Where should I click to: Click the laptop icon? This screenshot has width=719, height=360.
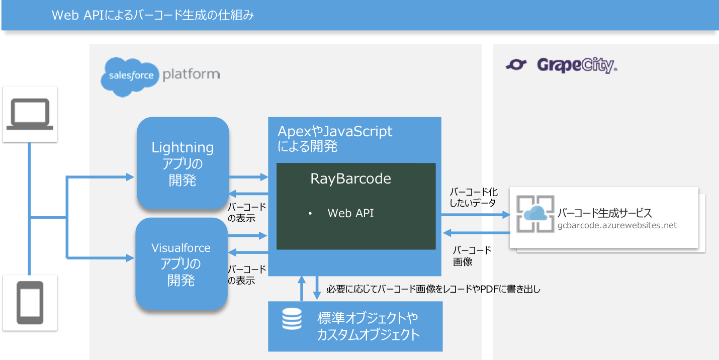[x=30, y=114]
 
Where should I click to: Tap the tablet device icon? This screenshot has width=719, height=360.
[x=30, y=303]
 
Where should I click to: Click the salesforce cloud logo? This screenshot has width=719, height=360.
[x=130, y=76]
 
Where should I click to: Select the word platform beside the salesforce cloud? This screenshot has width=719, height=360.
[x=191, y=74]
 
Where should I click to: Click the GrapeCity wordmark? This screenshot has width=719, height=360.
[x=577, y=65]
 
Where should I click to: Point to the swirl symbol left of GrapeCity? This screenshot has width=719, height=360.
[x=516, y=65]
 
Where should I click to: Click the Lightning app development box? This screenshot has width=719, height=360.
[x=183, y=163]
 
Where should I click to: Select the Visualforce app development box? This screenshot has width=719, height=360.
[x=182, y=264]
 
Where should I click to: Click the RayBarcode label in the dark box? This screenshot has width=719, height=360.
[x=350, y=178]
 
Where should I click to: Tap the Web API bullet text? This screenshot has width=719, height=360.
[x=350, y=213]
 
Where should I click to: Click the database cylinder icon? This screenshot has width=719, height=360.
[x=292, y=319]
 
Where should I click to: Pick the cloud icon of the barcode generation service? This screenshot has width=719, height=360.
[x=535, y=214]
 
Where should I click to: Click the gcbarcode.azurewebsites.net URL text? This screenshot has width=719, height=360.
[x=617, y=225]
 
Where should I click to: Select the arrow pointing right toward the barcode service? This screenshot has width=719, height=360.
[x=476, y=215]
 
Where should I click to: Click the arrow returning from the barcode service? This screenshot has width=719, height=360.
[x=476, y=233]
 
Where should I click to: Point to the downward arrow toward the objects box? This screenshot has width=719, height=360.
[x=317, y=288]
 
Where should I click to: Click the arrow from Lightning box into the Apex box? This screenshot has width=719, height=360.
[x=248, y=177]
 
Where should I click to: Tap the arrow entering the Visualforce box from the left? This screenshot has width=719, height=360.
[x=100, y=257]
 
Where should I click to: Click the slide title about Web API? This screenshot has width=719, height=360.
[x=153, y=15]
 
